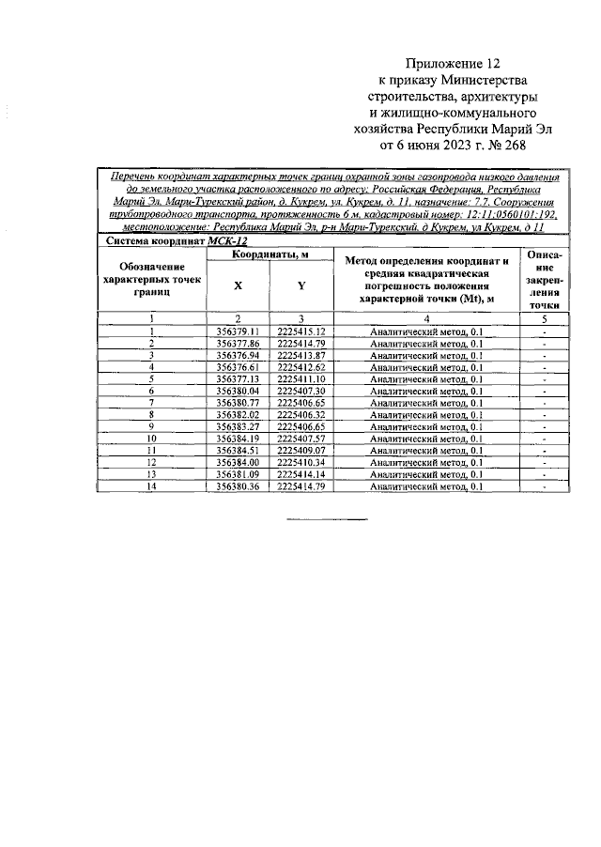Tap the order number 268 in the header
(x=511, y=146)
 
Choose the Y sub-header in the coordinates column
(x=300, y=285)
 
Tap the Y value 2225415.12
(x=300, y=331)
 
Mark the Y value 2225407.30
(x=300, y=391)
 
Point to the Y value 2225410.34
(x=300, y=462)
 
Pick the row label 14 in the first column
(x=150, y=486)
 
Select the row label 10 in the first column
(x=150, y=439)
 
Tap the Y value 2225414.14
(x=300, y=474)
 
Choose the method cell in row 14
(x=426, y=486)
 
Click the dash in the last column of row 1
(x=545, y=331)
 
